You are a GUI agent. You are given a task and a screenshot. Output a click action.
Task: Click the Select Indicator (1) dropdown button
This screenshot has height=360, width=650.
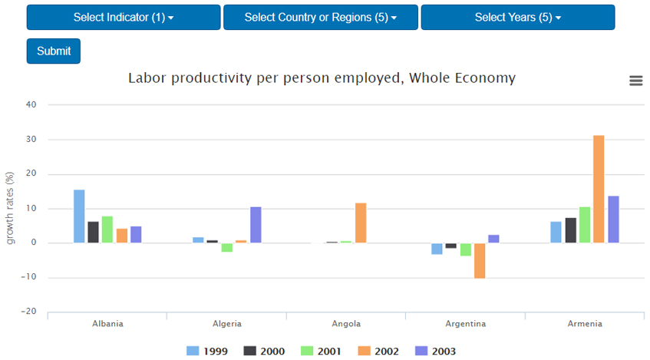click(124, 18)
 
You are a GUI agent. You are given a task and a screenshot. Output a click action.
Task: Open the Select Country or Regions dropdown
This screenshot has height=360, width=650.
click(321, 18)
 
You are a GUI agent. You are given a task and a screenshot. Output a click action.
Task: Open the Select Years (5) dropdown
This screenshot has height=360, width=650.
click(517, 18)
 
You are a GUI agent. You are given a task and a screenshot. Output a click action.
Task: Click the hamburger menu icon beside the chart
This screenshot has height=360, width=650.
click(635, 81)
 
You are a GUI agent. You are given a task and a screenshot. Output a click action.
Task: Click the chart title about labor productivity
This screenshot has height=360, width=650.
click(322, 78)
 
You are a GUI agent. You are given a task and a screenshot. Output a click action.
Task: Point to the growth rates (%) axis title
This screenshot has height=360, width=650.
click(11, 208)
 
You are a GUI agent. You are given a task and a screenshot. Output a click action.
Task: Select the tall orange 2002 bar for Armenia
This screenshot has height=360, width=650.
click(599, 189)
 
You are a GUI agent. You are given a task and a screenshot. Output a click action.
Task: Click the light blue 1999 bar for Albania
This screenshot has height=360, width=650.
click(79, 216)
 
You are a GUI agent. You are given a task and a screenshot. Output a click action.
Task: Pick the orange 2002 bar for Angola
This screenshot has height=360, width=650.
click(361, 223)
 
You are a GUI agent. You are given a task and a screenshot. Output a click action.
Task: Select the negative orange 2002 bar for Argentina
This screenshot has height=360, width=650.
click(480, 261)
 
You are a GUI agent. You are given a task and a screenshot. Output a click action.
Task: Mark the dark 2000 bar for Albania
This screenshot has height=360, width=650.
click(94, 232)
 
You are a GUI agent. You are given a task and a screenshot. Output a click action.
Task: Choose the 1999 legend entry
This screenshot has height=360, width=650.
click(207, 351)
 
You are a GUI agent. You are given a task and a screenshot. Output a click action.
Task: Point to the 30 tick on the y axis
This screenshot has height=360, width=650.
click(31, 140)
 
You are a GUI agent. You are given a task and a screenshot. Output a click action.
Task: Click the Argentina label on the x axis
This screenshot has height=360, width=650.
click(465, 324)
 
